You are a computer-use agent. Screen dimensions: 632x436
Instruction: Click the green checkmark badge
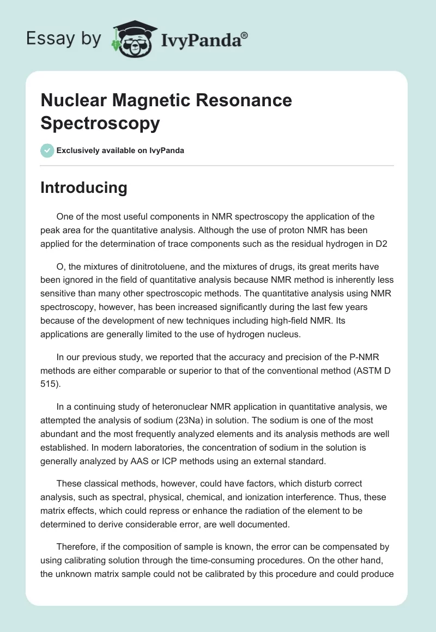tap(47, 150)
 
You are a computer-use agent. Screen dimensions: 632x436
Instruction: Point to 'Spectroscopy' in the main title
tap(100, 123)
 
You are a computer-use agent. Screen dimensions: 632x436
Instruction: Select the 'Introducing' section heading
tap(84, 187)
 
